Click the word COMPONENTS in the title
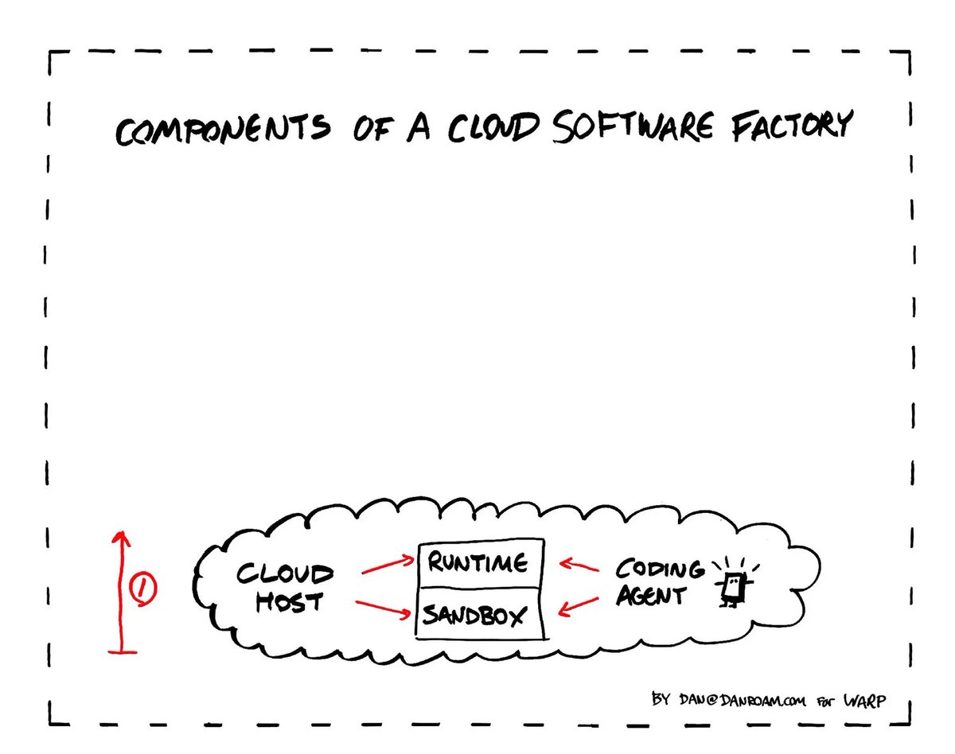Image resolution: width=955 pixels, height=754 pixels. click(223, 129)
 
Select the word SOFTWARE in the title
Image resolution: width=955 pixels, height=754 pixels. click(633, 126)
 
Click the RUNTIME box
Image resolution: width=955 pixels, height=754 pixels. click(481, 563)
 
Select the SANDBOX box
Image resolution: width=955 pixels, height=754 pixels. click(479, 614)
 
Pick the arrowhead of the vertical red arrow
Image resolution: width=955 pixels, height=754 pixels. click(121, 538)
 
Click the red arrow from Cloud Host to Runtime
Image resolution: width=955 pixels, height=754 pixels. click(388, 565)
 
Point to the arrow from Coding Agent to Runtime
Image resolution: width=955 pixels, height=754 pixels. click(579, 565)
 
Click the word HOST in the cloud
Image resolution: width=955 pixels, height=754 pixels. click(289, 602)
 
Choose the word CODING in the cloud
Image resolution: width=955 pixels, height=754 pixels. click(660, 569)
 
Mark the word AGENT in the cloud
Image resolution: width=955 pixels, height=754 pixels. click(652, 595)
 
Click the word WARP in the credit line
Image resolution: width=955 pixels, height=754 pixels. click(864, 701)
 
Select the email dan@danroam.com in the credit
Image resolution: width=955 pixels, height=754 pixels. click(742, 700)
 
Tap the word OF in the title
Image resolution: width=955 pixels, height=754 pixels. click(373, 129)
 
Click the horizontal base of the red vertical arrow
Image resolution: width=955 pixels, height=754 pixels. click(123, 652)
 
